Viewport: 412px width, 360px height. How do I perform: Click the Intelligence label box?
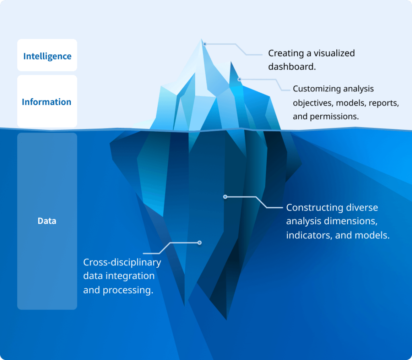[47, 56]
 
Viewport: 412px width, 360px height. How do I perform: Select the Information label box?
[47, 102]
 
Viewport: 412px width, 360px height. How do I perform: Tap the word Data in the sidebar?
[47, 221]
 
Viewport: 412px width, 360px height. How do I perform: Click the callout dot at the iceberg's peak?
[204, 43]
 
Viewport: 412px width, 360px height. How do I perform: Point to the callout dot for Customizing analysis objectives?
[239, 79]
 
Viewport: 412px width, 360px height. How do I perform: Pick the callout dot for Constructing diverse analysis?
[225, 197]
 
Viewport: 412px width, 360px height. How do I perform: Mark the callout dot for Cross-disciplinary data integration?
[199, 242]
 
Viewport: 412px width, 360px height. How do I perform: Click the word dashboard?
[292, 66]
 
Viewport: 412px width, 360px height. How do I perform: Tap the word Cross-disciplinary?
[122, 262]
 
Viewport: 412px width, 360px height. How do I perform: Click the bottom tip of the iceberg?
[226, 320]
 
